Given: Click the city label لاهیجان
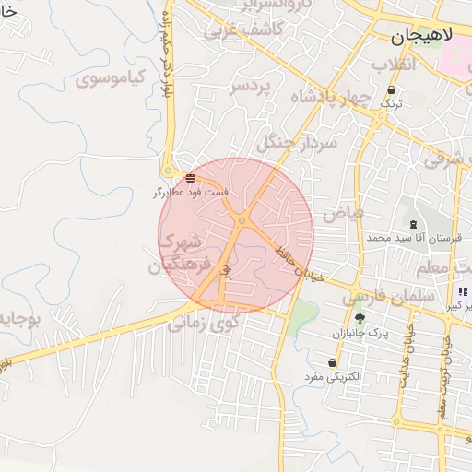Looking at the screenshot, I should pyautogui.click(x=422, y=37).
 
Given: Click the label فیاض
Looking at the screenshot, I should pyautogui.click(x=342, y=212).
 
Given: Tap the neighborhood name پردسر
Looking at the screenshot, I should pyautogui.click(x=252, y=87).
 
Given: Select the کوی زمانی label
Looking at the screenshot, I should pyautogui.click(x=203, y=324).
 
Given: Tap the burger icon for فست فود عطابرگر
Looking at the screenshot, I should pyautogui.click(x=190, y=178).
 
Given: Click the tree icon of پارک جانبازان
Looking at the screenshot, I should pyautogui.click(x=359, y=317).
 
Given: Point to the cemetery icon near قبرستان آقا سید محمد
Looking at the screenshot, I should pyautogui.click(x=412, y=224).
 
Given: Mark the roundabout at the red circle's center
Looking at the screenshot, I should pyautogui.click(x=242, y=220).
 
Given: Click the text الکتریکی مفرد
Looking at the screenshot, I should pyautogui.click(x=333, y=377).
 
